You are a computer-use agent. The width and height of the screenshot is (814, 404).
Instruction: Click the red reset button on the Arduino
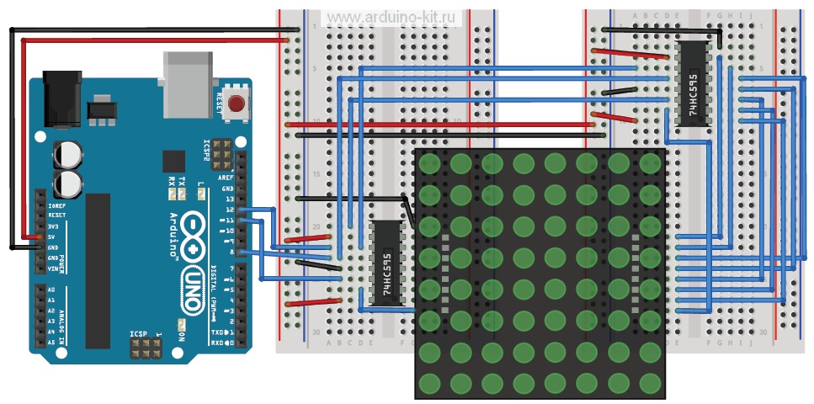coord(237,105)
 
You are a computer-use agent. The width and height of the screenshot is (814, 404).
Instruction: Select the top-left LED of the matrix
coord(431,162)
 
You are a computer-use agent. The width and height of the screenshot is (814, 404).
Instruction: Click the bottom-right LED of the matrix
coord(649,381)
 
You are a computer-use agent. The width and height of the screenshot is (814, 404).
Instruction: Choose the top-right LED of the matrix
coord(649,162)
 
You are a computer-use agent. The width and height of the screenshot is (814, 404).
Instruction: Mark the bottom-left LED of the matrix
coord(431,381)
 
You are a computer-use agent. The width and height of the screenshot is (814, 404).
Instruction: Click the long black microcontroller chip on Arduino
coord(98,269)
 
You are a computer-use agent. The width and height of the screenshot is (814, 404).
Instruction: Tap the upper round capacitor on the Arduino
coord(68,154)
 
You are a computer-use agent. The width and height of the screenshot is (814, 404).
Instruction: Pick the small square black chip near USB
coord(174,162)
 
